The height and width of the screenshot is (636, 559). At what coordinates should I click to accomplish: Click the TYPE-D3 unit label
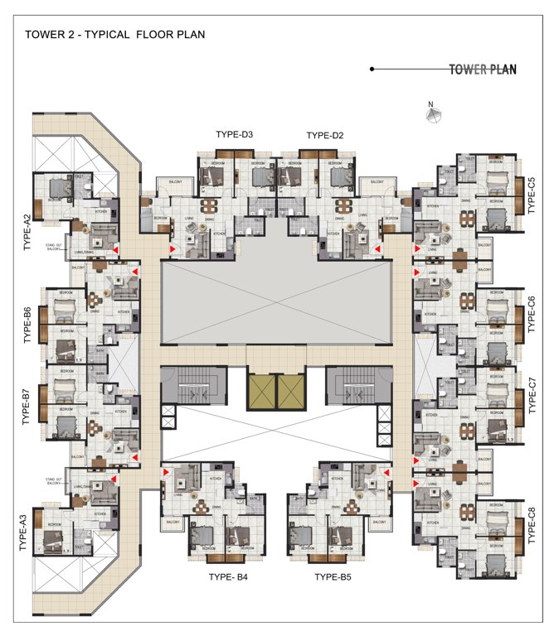point(235,135)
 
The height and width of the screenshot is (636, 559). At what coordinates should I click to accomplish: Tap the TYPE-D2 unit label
point(325,135)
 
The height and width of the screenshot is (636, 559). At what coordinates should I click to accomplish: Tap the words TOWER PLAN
point(483,70)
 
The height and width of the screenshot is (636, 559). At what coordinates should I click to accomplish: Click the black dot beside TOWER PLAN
point(372,70)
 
